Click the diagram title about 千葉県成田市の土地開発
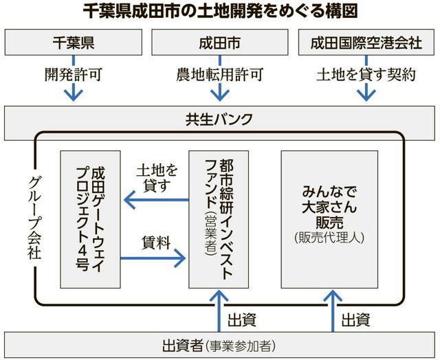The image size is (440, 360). (219, 12)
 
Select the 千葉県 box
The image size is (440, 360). (73, 43)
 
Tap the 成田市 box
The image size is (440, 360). (219, 43)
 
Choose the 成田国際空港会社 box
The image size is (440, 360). (366, 43)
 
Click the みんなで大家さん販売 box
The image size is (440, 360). (329, 219)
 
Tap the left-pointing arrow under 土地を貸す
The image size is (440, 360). (155, 201)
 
